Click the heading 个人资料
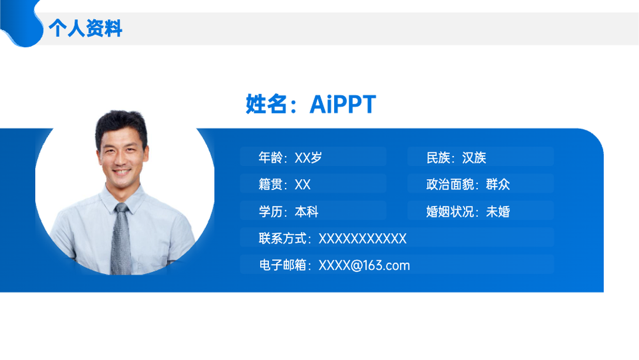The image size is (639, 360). click(x=85, y=28)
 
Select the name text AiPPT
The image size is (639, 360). click(x=343, y=104)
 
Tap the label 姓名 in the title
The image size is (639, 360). click(x=266, y=104)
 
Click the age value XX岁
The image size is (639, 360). click(x=308, y=157)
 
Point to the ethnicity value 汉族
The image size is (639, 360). click(x=474, y=157)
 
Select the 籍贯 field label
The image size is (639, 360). click(x=270, y=184)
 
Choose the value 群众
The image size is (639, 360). click(x=498, y=184)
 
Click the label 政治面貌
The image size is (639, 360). click(x=450, y=184)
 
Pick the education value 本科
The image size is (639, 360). click(x=306, y=212)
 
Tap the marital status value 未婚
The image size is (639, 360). click(x=498, y=212)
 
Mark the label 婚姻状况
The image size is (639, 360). click(x=450, y=212)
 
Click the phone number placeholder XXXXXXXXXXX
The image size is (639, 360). click(x=362, y=239)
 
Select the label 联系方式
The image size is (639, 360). click(x=282, y=239)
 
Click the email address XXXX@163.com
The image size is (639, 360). click(x=364, y=265)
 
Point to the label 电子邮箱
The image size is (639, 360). click(x=282, y=265)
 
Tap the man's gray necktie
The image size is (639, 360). click(x=121, y=240)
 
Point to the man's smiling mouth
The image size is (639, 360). click(x=121, y=172)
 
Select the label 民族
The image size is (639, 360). click(x=438, y=157)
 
